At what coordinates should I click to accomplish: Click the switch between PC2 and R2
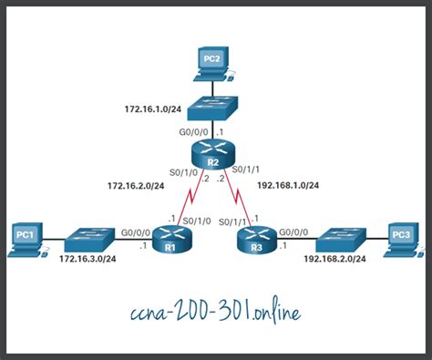tap(212, 108)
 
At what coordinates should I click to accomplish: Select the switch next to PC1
tap(89, 240)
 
